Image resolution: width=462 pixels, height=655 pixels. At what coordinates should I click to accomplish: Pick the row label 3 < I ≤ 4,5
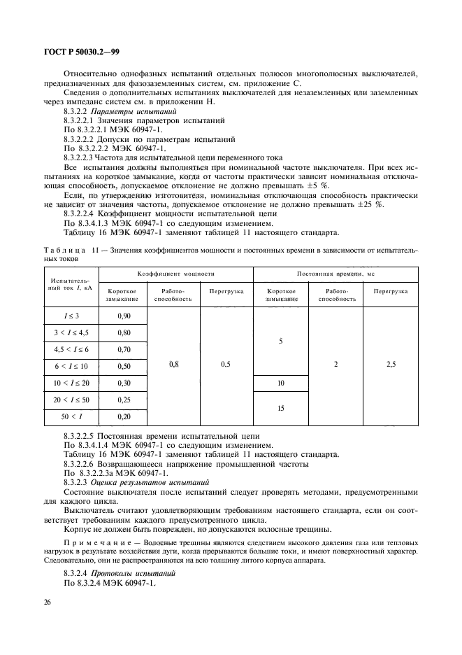[71, 332]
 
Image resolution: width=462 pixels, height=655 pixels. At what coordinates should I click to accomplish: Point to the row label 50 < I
[71, 416]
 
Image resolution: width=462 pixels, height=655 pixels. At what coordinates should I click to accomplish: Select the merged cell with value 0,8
[175, 365]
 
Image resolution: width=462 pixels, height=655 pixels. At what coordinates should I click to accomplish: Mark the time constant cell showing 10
[280, 383]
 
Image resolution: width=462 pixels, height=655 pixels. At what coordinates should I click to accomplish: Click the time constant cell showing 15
[280, 408]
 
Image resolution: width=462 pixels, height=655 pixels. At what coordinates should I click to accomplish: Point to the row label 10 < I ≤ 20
[71, 383]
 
